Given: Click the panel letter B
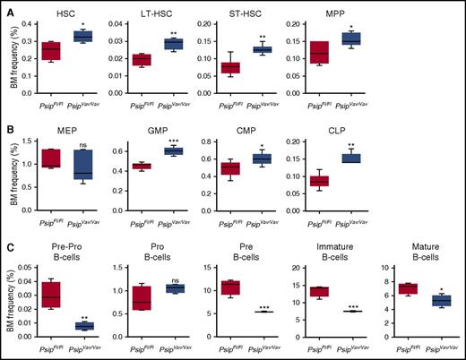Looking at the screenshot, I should click(9, 128).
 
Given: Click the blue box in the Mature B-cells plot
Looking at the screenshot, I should click(441, 301).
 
